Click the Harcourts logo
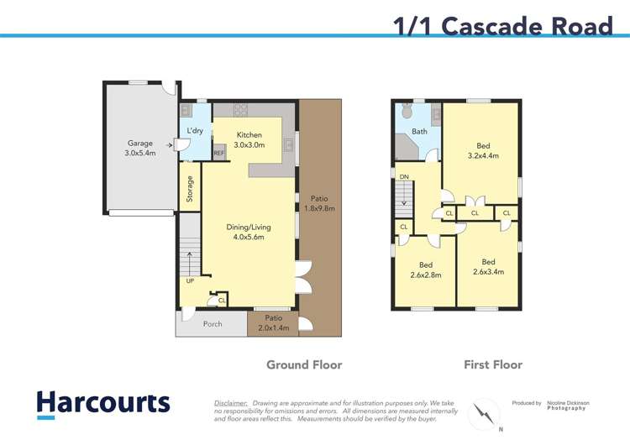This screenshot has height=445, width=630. coord(102,404)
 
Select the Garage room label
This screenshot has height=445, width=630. coord(140,149)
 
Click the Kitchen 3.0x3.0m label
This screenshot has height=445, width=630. coord(249,140)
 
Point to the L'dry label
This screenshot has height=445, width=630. coord(195,131)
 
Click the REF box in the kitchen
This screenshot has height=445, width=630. coord(219,154)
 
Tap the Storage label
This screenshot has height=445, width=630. coord(191,188)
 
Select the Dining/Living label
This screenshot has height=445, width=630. coord(249,232)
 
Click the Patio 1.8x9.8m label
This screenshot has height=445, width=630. coord(319,203)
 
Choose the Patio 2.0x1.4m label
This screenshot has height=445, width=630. coord(274,323)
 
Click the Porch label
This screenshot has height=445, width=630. coord(213,323)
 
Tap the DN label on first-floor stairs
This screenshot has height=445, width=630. coord(404,176)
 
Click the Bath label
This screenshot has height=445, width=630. coord(418,132)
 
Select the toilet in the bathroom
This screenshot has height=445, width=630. coord(406,111)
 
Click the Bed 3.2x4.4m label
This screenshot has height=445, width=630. coord(483,150)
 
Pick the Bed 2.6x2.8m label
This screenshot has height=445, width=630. coord(425,270)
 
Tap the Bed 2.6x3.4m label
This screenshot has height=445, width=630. coord(488,266)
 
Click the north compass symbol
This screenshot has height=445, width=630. coord(486,413)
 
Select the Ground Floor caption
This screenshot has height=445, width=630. coord(304,364)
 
